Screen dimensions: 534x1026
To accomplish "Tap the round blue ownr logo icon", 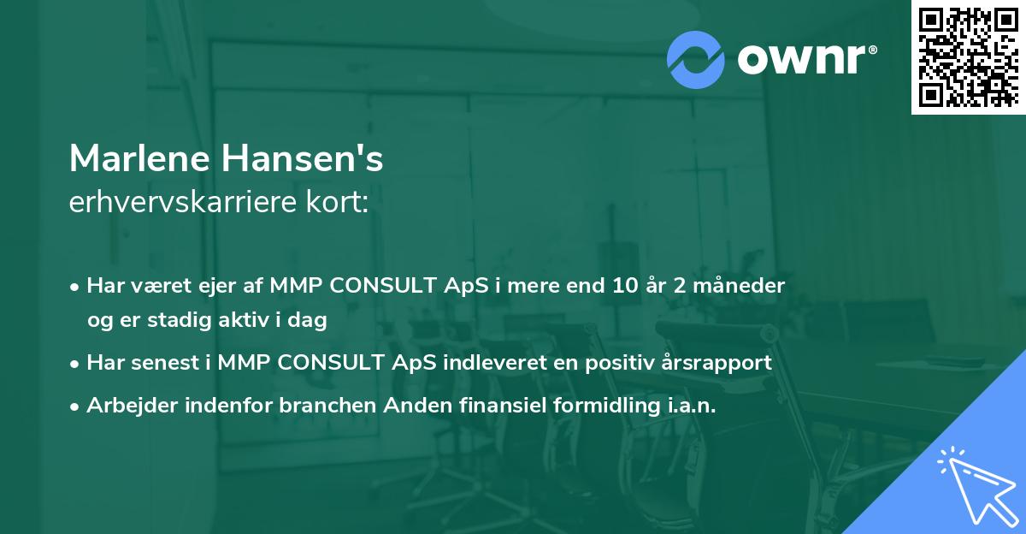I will [x=696, y=59].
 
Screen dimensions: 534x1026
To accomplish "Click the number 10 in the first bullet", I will [x=619, y=285].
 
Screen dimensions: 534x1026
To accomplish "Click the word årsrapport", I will [x=716, y=363].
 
